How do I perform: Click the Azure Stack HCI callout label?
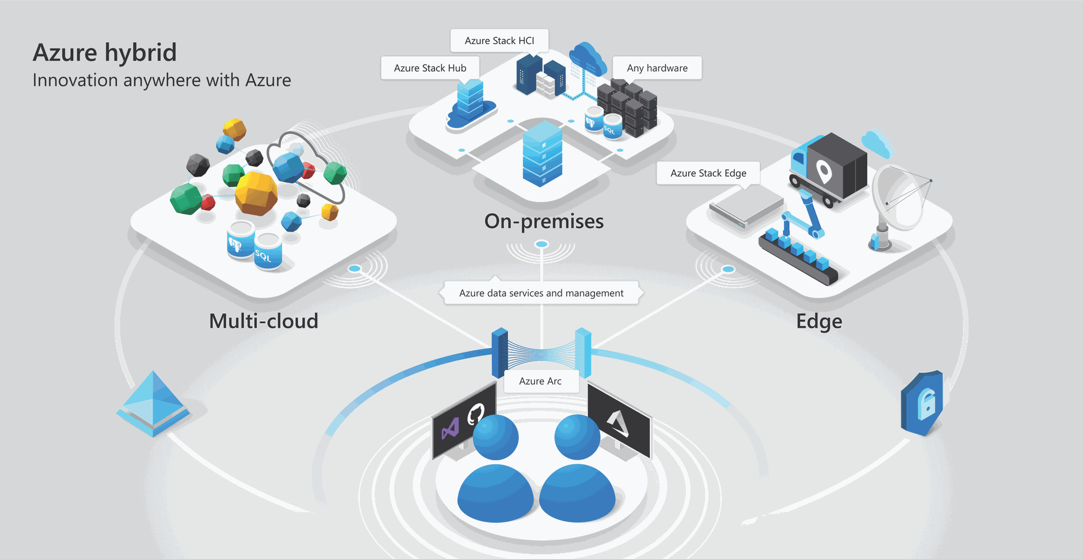[x=499, y=41]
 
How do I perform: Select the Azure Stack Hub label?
[x=430, y=68]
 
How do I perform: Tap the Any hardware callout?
[x=657, y=68]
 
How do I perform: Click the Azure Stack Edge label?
[x=708, y=173]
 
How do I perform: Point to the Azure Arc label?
[x=540, y=381]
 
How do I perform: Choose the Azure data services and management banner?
[x=541, y=293]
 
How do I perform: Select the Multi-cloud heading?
[x=263, y=321]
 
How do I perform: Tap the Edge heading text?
[x=819, y=322]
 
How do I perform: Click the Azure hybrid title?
[x=105, y=53]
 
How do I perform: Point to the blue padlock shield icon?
[x=922, y=403]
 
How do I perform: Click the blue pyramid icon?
[x=153, y=403]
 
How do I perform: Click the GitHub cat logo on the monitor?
[x=475, y=415]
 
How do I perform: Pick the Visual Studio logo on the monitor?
[x=450, y=429]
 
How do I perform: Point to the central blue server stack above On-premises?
[x=543, y=153]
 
